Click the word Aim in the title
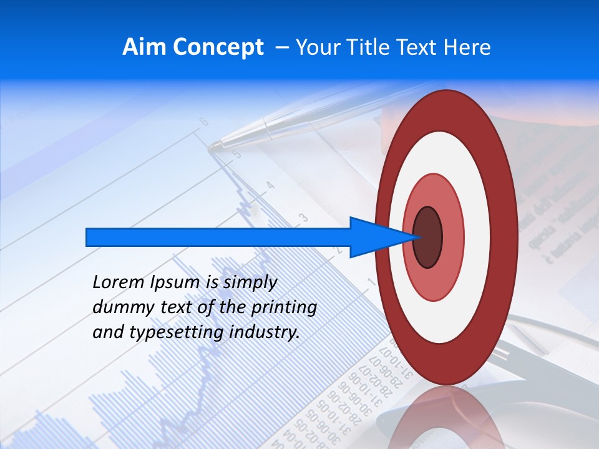point(144,47)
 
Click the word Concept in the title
point(217,47)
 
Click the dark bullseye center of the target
point(428,237)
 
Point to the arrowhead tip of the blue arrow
point(416,237)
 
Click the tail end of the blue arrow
point(88,237)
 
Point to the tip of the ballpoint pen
point(211,147)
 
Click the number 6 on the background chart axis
point(203,122)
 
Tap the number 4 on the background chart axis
point(270,185)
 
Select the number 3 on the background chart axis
point(303,218)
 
